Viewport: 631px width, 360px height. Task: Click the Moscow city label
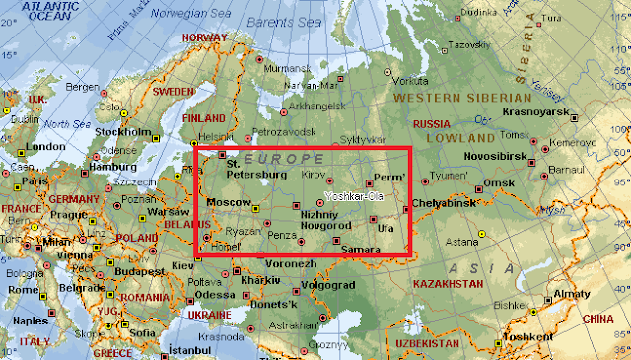[x=228, y=202]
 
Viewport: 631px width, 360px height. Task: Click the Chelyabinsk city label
[x=444, y=203]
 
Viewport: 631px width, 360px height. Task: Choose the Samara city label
[x=360, y=250]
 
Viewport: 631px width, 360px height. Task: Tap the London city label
[x=46, y=146]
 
